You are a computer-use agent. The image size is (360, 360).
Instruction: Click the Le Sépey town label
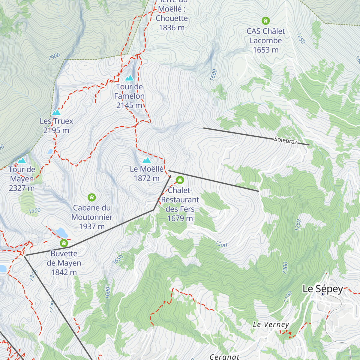(323, 289)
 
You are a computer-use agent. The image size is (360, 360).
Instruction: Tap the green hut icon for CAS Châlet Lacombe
(265, 21)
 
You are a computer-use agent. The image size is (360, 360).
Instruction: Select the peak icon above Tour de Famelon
(129, 78)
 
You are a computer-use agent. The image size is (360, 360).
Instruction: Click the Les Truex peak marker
(56, 112)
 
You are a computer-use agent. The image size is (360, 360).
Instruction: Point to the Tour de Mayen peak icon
(22, 161)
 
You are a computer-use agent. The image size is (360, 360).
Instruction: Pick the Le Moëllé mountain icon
(146, 160)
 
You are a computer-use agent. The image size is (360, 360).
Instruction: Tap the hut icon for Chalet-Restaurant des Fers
(180, 180)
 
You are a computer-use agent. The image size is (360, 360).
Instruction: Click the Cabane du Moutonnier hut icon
(92, 197)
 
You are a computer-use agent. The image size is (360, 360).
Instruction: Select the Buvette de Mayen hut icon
(64, 243)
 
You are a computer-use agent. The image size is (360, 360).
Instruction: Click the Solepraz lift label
(285, 140)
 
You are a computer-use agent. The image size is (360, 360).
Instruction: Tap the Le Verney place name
(271, 324)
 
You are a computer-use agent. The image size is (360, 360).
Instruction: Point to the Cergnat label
(224, 356)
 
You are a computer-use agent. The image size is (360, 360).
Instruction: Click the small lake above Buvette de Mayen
(61, 232)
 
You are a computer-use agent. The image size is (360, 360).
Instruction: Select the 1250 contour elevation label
(298, 225)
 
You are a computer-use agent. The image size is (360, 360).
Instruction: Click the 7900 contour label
(54, 56)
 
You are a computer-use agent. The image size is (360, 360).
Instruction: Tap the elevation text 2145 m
(129, 105)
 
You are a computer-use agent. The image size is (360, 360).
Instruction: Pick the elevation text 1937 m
(92, 226)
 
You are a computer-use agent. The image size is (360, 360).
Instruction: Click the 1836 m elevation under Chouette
(172, 28)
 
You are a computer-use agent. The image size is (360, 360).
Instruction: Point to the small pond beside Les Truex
(50, 152)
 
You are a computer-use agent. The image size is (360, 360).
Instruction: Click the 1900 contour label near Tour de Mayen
(34, 211)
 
